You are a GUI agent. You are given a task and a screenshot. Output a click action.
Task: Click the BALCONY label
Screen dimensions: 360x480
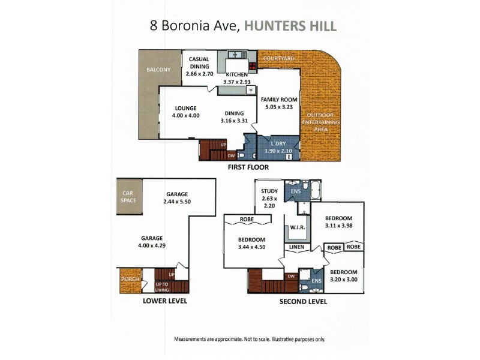click(158, 70)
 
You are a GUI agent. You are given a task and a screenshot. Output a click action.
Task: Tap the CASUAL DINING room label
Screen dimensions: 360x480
click(199, 62)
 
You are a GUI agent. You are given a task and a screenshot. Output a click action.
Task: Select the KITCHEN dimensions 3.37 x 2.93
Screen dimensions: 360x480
click(236, 81)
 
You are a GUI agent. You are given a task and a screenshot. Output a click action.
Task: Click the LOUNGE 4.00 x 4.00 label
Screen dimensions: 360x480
click(185, 112)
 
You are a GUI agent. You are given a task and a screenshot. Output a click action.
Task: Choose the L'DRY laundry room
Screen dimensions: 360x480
click(278, 147)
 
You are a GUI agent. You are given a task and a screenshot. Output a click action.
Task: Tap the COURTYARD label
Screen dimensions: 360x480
click(278, 59)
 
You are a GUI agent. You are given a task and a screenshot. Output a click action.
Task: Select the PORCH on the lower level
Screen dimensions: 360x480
click(130, 279)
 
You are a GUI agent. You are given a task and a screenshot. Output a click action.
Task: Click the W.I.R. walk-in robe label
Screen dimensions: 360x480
click(298, 229)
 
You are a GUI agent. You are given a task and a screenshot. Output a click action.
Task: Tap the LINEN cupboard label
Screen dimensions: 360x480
click(296, 248)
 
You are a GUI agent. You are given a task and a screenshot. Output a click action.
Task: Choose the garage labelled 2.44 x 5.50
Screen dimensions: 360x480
click(177, 199)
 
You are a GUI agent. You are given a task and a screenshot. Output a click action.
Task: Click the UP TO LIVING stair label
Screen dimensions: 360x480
click(162, 287)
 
